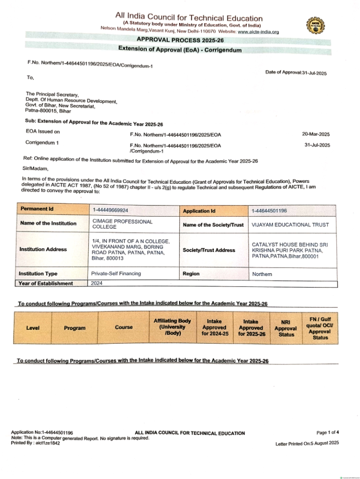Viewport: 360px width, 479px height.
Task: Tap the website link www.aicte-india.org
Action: [x=258, y=32]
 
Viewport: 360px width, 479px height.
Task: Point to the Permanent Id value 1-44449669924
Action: [x=111, y=210]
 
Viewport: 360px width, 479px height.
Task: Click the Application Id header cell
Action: [x=199, y=211]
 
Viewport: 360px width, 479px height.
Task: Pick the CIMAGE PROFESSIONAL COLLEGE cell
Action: [x=122, y=224]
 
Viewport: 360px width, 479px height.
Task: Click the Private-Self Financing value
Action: [x=116, y=273]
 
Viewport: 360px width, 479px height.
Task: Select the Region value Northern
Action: [x=262, y=274]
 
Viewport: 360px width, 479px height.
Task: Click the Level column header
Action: [x=33, y=327]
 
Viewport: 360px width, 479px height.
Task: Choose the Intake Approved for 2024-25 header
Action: [x=215, y=327]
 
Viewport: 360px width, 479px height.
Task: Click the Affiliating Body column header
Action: [x=172, y=327]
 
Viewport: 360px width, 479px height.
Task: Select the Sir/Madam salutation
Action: [x=36, y=168]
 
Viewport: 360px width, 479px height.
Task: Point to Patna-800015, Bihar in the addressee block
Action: [x=48, y=111]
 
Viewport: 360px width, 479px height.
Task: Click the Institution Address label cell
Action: [x=43, y=249]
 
